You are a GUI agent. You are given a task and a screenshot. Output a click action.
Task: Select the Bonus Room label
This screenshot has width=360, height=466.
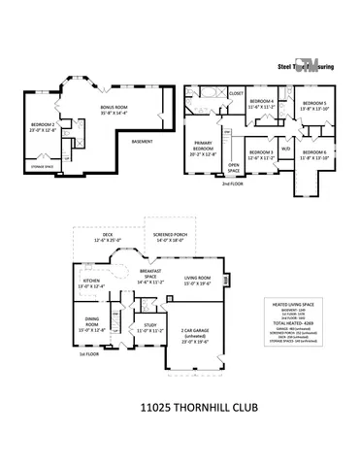(115, 110)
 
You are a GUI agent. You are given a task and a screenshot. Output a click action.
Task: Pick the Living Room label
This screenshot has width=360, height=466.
(197, 281)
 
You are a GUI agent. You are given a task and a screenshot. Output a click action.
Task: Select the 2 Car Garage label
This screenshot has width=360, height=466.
(194, 338)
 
